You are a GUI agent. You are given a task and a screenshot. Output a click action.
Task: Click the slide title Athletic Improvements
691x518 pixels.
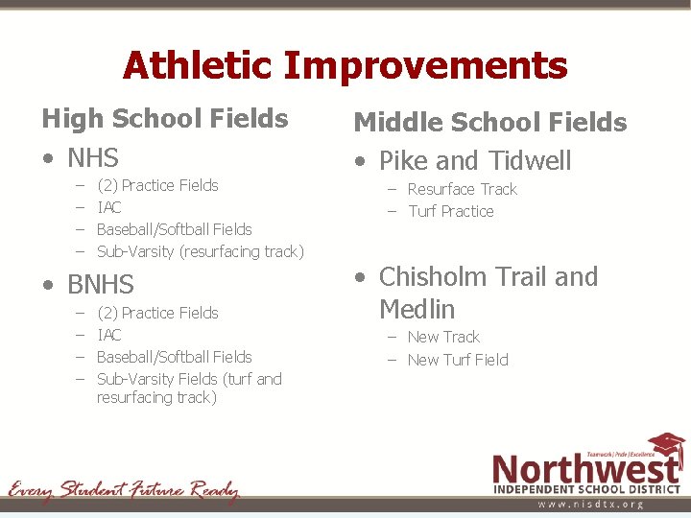pos(345,66)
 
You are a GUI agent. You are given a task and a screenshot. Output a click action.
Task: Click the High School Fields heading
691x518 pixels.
pos(164,119)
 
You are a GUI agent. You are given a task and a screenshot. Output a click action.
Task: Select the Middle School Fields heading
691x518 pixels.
pos(489,122)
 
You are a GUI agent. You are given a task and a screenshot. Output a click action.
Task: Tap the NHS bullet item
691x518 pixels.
pos(92,157)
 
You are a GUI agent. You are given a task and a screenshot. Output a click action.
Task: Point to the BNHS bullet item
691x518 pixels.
pos(100,285)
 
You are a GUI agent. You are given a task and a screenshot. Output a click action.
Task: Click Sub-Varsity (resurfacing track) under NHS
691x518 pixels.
pos(200,251)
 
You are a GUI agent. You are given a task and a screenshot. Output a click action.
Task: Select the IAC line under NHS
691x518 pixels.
pos(109,207)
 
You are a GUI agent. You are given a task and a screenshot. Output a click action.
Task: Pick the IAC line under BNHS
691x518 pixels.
pos(109,335)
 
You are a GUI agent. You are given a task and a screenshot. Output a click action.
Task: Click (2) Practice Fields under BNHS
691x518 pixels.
pos(157,313)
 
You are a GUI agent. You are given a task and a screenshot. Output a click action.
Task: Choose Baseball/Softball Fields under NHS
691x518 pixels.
pos(174,229)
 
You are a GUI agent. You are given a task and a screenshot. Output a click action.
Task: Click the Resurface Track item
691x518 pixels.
pos(462,189)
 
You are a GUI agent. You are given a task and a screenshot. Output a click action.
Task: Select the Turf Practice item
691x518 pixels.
pos(450,211)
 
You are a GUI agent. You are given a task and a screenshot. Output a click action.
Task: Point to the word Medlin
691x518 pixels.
pos(417,310)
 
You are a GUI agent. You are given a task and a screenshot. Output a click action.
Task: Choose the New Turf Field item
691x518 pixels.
pos(457,360)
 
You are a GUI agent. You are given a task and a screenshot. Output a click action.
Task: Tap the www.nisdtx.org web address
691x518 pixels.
pos(589,504)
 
